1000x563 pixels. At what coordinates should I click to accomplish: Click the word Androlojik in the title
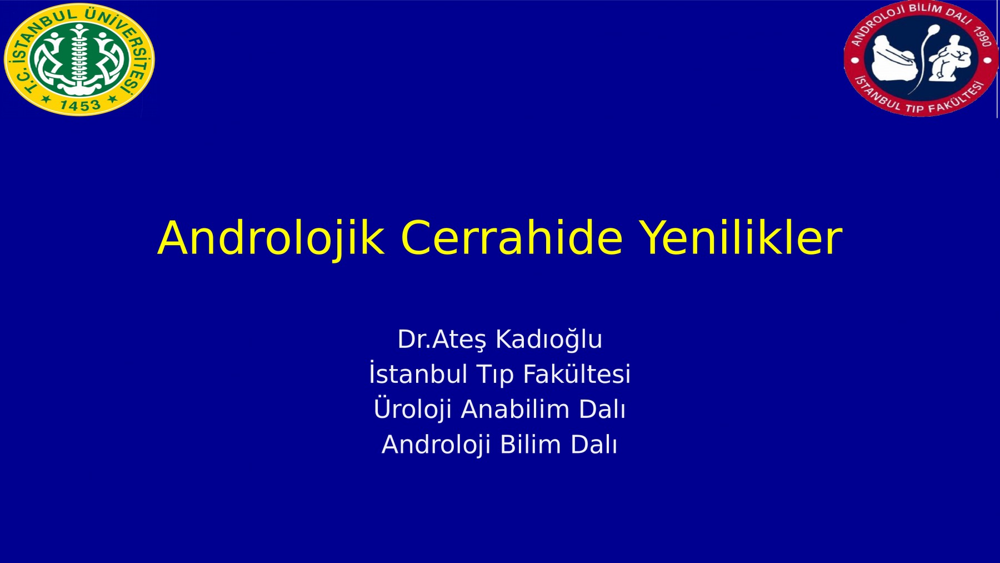pos(271,238)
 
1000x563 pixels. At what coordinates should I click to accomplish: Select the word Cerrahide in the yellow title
pos(512,237)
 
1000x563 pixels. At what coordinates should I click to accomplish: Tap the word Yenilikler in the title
pos(740,237)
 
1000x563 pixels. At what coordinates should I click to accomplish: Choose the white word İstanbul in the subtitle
pos(418,373)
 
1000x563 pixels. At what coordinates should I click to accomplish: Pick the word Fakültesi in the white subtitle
pos(577,373)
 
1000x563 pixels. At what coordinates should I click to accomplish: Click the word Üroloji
pos(412,408)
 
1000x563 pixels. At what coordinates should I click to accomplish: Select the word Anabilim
pos(515,409)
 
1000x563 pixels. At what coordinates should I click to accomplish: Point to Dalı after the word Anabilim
pos(602,409)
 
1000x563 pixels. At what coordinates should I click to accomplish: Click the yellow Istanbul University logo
pos(79,59)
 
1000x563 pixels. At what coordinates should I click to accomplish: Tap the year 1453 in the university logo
pos(80,105)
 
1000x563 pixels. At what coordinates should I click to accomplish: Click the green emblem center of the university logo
pos(79,59)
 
